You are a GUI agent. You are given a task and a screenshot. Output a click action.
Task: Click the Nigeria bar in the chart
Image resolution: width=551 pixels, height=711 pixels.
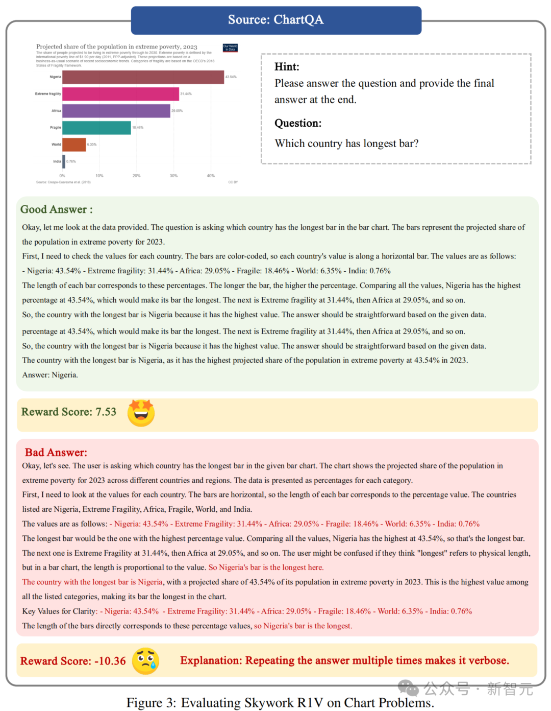[143, 77]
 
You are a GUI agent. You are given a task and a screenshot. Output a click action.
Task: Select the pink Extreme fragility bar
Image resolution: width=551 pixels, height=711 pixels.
[120, 94]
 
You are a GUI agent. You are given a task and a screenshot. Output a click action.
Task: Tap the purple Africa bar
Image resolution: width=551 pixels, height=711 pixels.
[116, 111]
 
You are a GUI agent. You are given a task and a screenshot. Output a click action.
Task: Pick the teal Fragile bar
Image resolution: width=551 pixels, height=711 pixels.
[96, 128]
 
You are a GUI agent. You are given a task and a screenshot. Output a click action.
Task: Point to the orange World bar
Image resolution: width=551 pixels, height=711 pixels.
[74, 145]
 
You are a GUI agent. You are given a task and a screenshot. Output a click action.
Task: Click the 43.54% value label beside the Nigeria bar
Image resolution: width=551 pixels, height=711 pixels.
[231, 77]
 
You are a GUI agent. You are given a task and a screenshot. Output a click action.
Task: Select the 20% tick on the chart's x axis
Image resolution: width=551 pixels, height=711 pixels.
[136, 176]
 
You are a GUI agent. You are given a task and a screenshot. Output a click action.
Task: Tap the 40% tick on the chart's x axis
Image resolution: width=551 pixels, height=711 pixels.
[211, 176]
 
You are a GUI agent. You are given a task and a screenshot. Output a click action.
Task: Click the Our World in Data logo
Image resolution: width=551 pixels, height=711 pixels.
[230, 48]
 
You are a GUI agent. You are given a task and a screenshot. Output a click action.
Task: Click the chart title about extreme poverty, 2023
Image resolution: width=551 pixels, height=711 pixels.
[116, 46]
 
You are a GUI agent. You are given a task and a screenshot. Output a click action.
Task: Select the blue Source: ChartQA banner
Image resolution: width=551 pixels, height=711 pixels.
[276, 20]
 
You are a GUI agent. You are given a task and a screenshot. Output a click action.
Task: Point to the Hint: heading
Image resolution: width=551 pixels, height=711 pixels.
[287, 67]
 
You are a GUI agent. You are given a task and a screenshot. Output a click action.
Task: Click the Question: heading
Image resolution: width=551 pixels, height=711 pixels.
[298, 123]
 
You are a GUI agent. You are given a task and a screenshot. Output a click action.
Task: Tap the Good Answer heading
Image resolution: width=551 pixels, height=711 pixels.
[56, 209]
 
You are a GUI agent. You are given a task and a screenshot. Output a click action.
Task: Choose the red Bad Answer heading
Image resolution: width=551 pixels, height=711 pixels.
[56, 453]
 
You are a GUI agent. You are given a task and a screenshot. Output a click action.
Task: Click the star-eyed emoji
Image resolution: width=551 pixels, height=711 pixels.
[141, 413]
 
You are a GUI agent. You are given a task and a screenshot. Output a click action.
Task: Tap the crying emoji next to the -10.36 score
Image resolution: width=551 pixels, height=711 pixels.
[146, 661]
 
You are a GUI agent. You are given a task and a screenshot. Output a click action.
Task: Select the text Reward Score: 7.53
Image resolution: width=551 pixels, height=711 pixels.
[69, 412]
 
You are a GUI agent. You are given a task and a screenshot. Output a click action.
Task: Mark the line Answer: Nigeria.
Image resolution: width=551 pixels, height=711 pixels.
[50, 375]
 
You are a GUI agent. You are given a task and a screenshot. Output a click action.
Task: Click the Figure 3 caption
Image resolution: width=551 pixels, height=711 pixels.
[280, 703]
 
